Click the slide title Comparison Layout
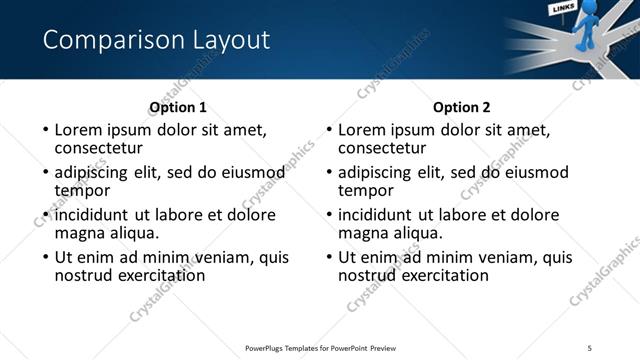tap(156, 40)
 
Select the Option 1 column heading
tap(178, 107)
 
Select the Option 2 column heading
tap(462, 107)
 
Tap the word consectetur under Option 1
tap(98, 148)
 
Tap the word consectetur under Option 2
tap(382, 148)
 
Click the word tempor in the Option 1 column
tap(82, 190)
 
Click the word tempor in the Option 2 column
tap(366, 190)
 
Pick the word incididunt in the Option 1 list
tap(92, 215)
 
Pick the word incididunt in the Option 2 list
tap(376, 215)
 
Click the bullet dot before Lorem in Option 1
tap(44, 130)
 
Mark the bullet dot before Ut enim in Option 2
tap(328, 257)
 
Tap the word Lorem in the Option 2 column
tap(362, 130)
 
